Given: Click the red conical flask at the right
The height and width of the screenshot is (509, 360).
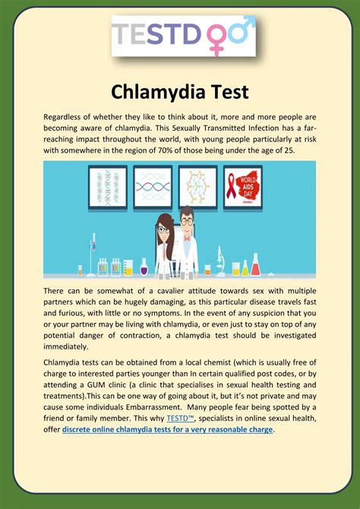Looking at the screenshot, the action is [256, 267].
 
